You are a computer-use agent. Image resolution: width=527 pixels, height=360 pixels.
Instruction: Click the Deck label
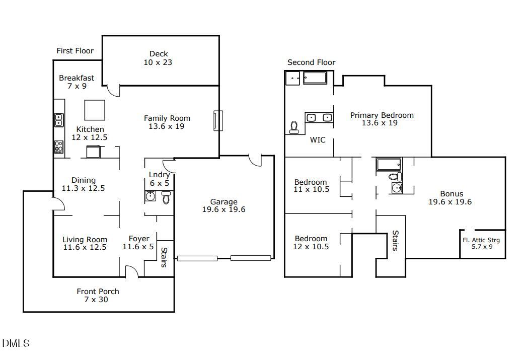pyautogui.click(x=159, y=54)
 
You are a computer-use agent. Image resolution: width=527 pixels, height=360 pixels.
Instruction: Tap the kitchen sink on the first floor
pyautogui.click(x=59, y=120)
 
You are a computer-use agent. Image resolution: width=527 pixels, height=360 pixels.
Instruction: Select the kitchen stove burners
pyautogui.click(x=59, y=147)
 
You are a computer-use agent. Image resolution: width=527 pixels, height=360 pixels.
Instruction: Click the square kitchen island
pyautogui.click(x=95, y=110)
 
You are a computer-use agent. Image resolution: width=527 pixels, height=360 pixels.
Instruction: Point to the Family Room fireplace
pyautogui.click(x=217, y=121)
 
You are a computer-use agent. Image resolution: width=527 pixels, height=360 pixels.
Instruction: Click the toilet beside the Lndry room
pyautogui.click(x=166, y=197)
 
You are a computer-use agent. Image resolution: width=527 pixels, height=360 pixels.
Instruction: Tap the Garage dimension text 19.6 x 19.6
pyautogui.click(x=224, y=209)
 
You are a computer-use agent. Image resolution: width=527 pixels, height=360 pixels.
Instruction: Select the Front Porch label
pyautogui.click(x=98, y=292)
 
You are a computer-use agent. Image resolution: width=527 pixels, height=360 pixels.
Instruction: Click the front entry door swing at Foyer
pyautogui.click(x=132, y=271)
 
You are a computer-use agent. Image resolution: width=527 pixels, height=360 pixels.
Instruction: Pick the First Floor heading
pyautogui.click(x=75, y=51)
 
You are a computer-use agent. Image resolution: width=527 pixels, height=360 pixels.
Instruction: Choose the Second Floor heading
pyautogui.click(x=311, y=62)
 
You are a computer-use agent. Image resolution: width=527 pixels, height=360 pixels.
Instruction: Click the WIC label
pyautogui.click(x=318, y=140)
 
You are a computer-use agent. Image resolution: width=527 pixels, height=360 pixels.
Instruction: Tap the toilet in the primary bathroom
pyautogui.click(x=294, y=127)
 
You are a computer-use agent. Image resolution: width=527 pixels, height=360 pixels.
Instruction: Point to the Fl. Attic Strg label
pyautogui.click(x=481, y=240)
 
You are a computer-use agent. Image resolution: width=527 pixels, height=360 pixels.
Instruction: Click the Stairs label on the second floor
pyautogui.click(x=396, y=240)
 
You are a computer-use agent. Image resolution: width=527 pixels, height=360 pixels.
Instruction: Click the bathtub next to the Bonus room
pyautogui.click(x=389, y=164)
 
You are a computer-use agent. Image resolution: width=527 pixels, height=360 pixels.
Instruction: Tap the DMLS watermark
pyautogui.click(x=16, y=343)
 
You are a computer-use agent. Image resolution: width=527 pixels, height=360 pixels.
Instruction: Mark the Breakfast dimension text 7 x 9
pyautogui.click(x=77, y=86)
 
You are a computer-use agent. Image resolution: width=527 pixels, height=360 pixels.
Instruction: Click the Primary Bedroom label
pyautogui.click(x=382, y=115)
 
